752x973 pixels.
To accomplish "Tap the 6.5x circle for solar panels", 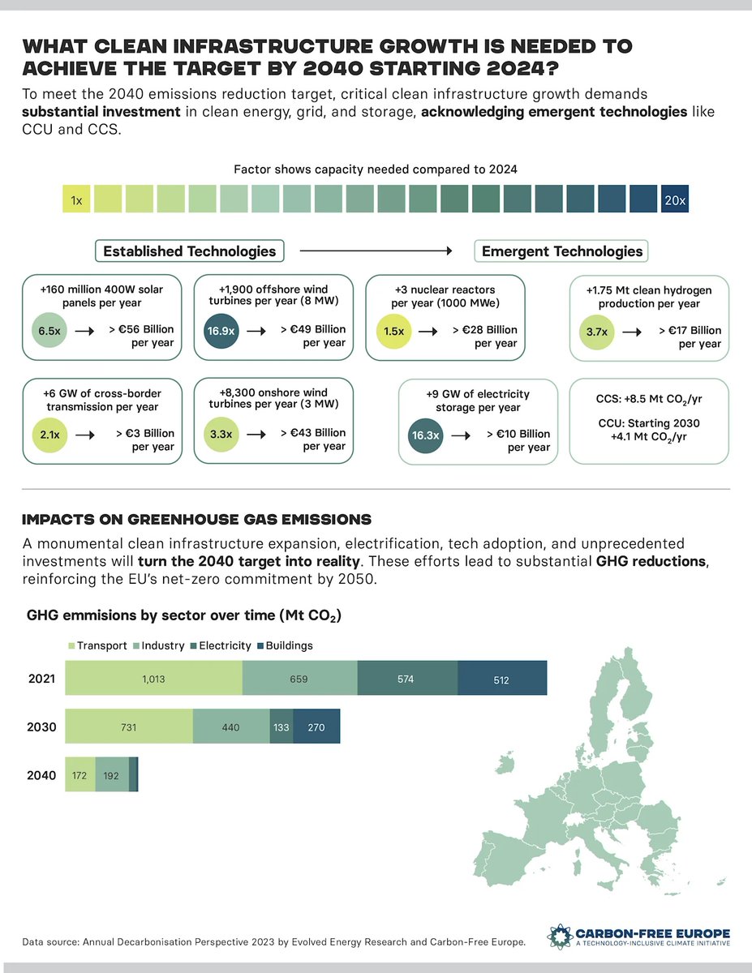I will (x=47, y=332).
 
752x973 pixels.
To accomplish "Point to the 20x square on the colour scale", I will (x=674, y=199).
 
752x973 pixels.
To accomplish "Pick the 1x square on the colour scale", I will (x=76, y=199).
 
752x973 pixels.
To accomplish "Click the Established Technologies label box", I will (x=190, y=251).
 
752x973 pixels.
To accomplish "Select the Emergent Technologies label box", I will (x=561, y=251).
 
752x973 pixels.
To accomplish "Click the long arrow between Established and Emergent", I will (x=376, y=251).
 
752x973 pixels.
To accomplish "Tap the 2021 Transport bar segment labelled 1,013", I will (x=153, y=678).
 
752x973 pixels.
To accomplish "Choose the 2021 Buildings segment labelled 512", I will (x=501, y=678).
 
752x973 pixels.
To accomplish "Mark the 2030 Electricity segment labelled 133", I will (x=281, y=727).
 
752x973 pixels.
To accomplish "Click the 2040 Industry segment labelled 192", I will (x=112, y=775).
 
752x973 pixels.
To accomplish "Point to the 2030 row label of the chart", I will (x=41, y=727).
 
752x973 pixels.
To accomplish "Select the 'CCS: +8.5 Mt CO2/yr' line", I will (x=637, y=399).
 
